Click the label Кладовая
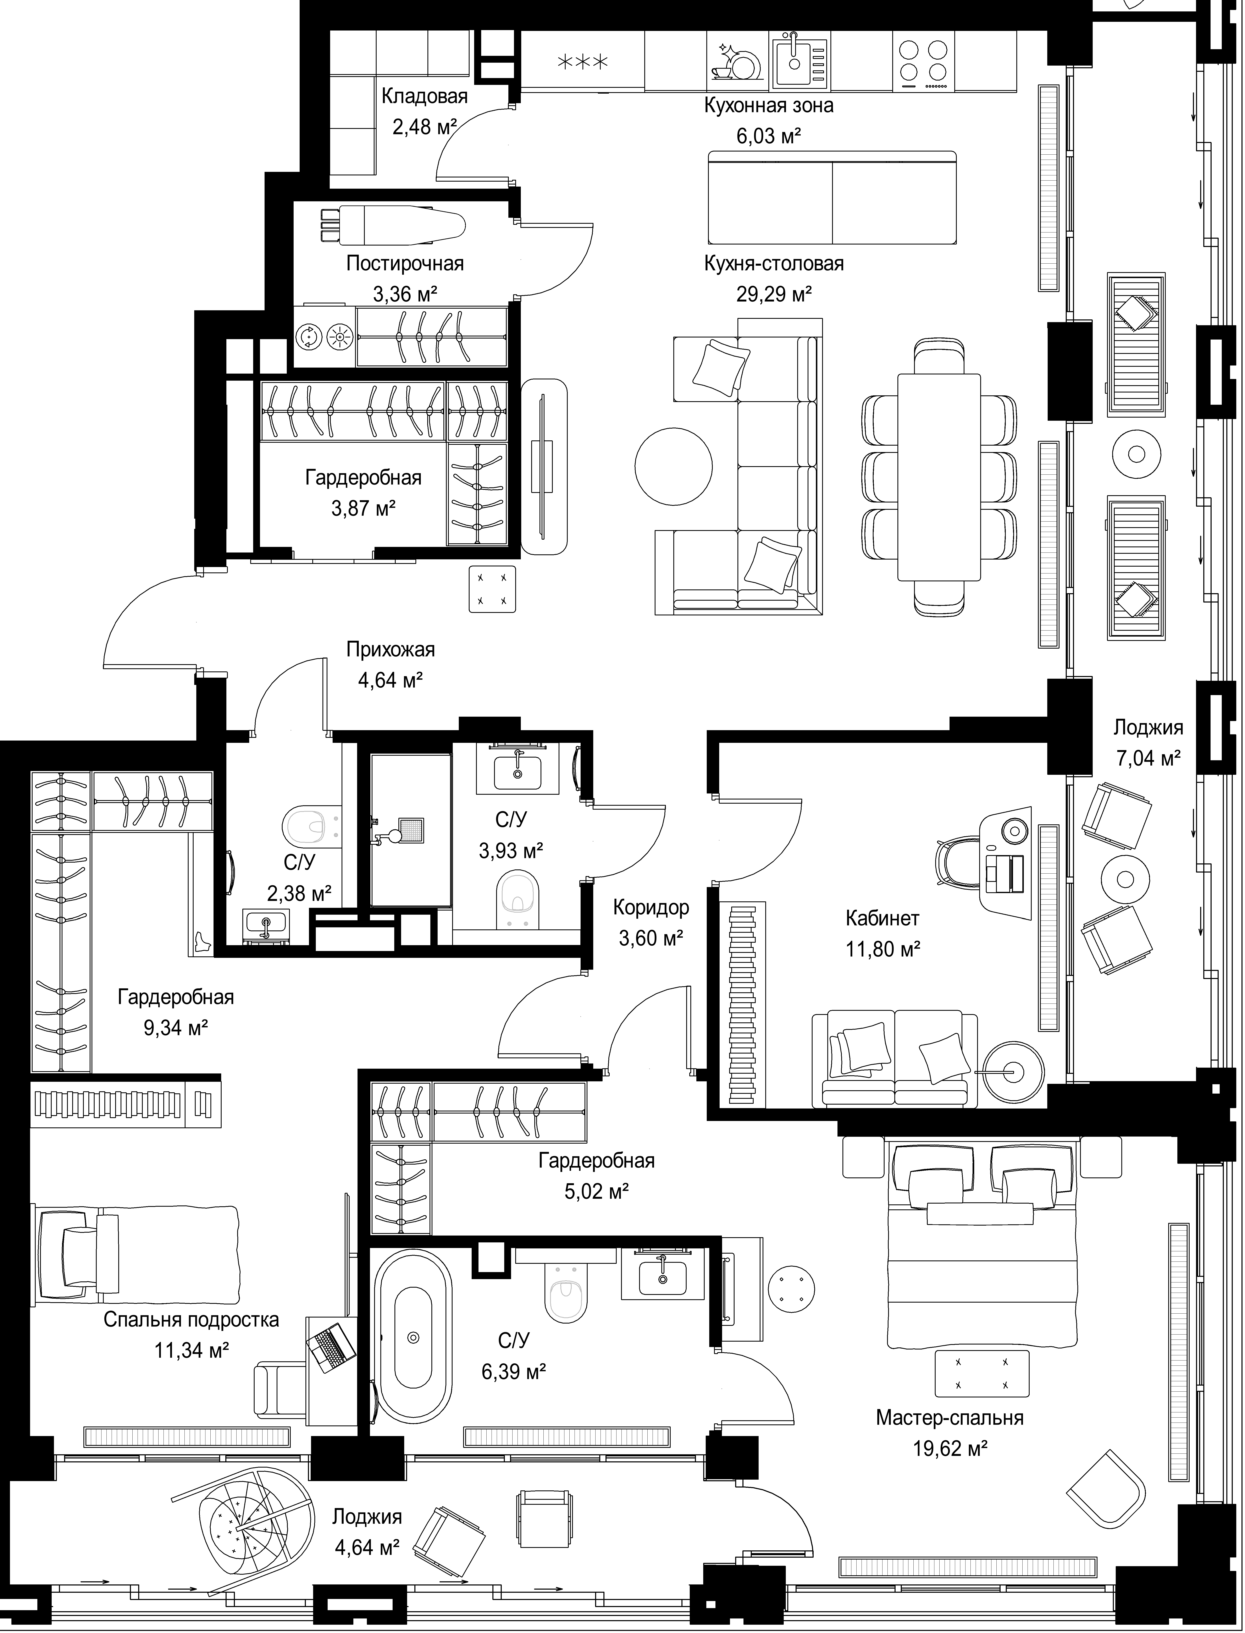(x=425, y=96)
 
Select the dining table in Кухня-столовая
(x=939, y=477)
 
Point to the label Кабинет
(x=883, y=918)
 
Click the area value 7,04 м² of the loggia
(x=1148, y=758)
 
